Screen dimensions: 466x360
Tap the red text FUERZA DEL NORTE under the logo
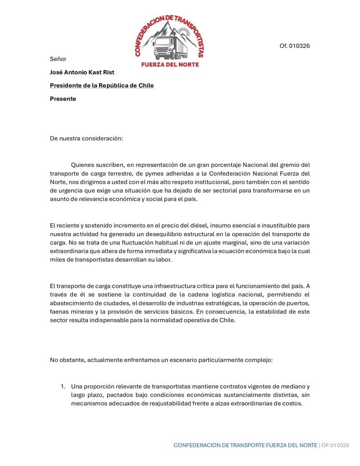click(170, 64)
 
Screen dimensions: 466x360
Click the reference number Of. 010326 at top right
click(295, 46)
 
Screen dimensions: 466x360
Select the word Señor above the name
click(58, 59)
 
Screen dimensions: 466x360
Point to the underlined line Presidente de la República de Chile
click(101, 85)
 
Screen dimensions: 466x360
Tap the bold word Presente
click(63, 98)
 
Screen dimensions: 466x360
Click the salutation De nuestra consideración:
click(86, 138)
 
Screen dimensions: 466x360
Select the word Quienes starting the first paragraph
click(83, 165)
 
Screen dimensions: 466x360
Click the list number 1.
click(63, 386)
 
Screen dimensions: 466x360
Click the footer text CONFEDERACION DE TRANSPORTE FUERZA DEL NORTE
click(245, 445)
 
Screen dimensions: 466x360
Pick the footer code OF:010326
click(335, 445)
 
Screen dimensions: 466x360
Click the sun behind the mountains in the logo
click(185, 32)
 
